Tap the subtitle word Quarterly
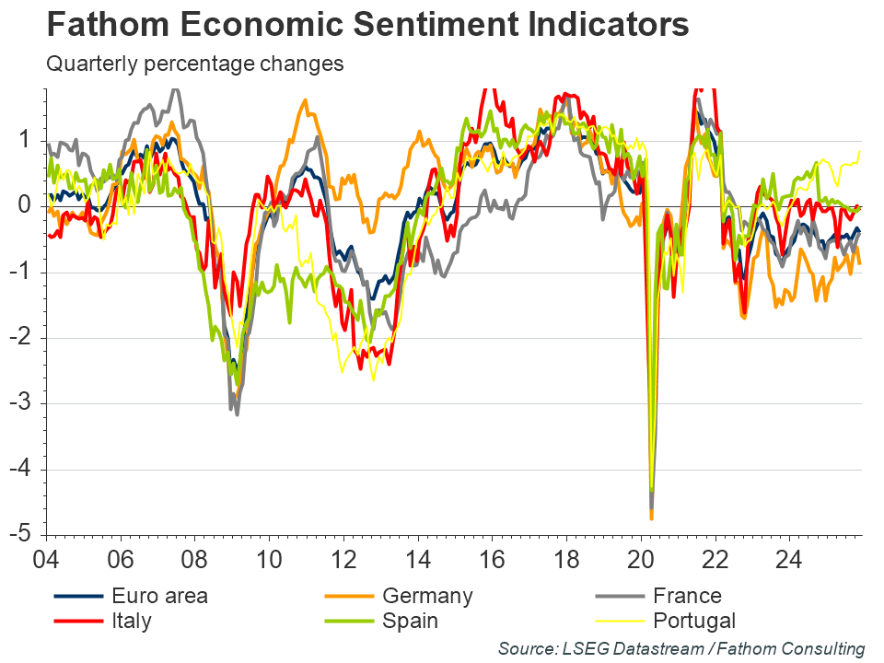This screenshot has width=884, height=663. (x=96, y=64)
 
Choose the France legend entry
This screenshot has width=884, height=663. (x=687, y=596)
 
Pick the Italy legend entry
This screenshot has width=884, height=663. (x=131, y=621)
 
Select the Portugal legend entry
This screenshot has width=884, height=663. (x=693, y=621)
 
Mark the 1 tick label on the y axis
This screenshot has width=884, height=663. (x=28, y=140)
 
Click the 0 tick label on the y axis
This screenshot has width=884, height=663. (x=28, y=205)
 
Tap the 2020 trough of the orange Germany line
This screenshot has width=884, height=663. (x=651, y=519)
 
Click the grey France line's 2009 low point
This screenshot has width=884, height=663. (x=238, y=414)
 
